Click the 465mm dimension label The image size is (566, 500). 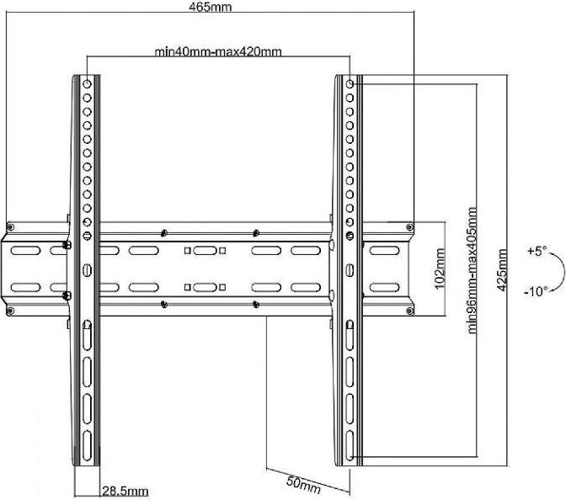(210, 7)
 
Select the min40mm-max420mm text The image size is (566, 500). (218, 51)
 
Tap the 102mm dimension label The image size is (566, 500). (440, 268)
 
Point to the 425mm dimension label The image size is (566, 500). (502, 269)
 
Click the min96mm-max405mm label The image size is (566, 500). (473, 270)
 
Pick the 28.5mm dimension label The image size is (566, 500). (125, 491)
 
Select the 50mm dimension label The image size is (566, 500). (303, 485)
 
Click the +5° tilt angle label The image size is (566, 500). (537, 251)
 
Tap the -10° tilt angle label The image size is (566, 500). (536, 290)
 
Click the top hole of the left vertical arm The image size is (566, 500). (87, 84)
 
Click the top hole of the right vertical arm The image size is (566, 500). (350, 84)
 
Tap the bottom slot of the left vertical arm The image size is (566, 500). (87, 445)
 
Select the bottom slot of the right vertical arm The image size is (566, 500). (350, 445)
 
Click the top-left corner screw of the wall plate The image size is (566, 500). (10, 227)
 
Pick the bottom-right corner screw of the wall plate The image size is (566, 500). (409, 311)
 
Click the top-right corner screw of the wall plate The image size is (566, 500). (409, 227)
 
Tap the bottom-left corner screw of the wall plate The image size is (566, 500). (10, 311)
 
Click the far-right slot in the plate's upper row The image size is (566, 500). (384, 250)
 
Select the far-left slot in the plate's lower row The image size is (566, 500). (25, 287)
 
